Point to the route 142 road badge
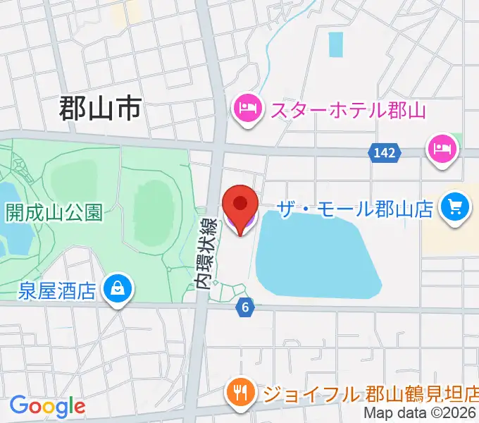pyautogui.click(x=385, y=152)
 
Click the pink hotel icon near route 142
pyautogui.click(x=442, y=149)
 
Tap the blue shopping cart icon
pyautogui.click(x=455, y=207)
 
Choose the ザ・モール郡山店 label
pyautogui.click(x=355, y=209)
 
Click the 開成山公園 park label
pyautogui.click(x=54, y=212)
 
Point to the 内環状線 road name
pyautogui.click(x=205, y=252)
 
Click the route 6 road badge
pyautogui.click(x=245, y=307)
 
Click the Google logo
pyautogui.click(x=46, y=406)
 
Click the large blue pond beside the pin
pyautogui.click(x=317, y=254)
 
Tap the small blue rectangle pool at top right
pyautogui.click(x=335, y=45)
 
